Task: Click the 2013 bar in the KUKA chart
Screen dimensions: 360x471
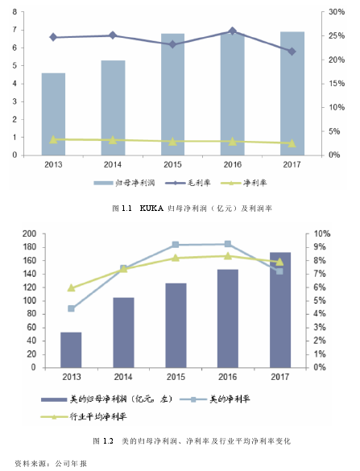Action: tap(53, 114)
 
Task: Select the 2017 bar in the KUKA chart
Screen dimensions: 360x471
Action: tap(292, 93)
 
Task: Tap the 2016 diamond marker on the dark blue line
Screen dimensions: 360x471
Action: tap(232, 31)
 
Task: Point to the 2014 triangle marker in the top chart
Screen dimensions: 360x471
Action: tap(113, 139)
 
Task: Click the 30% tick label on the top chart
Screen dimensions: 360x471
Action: tap(337, 12)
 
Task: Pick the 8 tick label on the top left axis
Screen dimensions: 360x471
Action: tap(14, 12)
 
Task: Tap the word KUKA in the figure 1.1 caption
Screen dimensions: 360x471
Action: tap(151, 209)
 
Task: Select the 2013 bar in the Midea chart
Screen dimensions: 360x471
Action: tap(71, 350)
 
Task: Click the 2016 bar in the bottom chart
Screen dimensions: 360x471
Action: tap(228, 318)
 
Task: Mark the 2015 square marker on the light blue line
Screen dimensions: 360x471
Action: tap(176, 245)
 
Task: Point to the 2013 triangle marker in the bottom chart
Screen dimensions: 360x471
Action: tap(71, 287)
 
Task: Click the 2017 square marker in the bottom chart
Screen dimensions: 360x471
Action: tap(279, 271)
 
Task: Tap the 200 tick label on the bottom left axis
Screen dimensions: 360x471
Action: tap(30, 233)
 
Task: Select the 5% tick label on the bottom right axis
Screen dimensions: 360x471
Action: tap(320, 300)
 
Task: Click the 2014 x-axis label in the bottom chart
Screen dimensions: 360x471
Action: tap(123, 377)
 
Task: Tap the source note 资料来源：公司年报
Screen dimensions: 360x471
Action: tap(51, 464)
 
